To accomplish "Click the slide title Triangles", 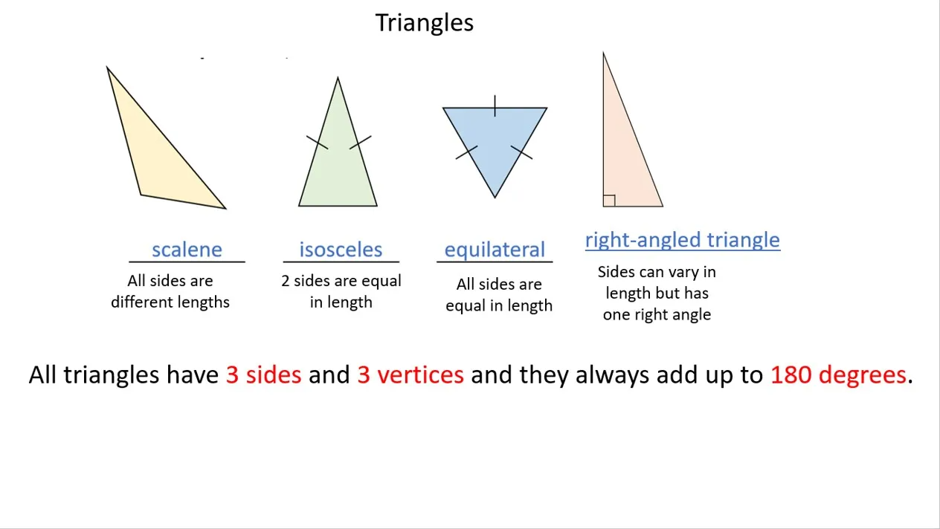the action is (424, 22).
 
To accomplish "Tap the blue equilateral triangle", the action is (495, 138).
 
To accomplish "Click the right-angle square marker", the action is (609, 201).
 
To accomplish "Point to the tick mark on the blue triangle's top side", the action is (495, 106).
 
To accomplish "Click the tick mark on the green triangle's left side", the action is (318, 142).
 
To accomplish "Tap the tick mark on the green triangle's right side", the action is (360, 142).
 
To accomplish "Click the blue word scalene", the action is (187, 250).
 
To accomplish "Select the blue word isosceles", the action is (341, 250).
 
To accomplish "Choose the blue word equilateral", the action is (495, 250).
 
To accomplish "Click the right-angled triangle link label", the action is (683, 241).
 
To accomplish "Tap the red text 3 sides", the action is (263, 374).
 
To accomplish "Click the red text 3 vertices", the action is (411, 374).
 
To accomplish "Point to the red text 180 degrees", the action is (838, 374).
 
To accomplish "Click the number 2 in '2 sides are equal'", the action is (286, 281).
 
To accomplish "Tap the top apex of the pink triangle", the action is (603, 53).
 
